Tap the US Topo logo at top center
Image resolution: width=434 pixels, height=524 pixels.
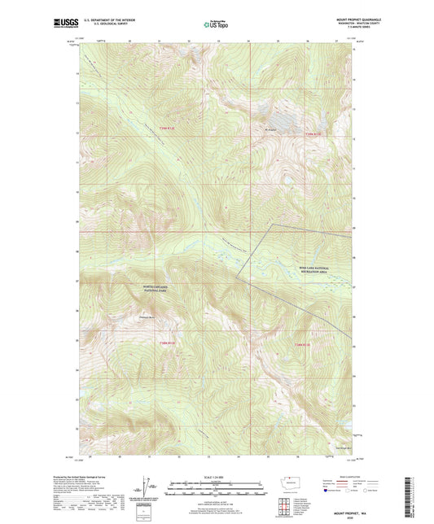point(217,24)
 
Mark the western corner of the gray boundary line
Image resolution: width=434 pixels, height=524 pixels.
point(239,277)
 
